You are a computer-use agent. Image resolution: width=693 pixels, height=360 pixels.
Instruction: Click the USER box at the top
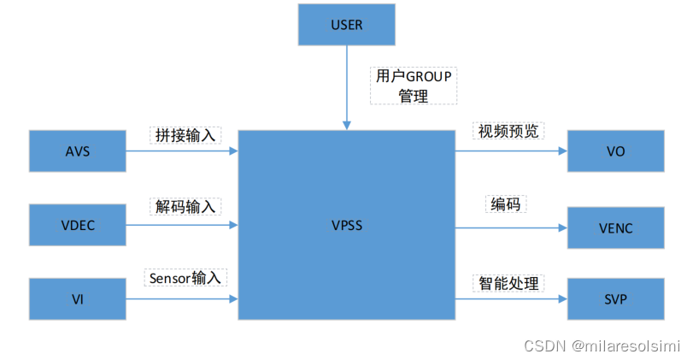(x=346, y=25)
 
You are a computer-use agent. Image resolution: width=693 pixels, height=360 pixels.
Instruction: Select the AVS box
(x=77, y=151)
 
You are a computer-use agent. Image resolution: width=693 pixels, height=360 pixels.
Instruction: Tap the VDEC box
(x=77, y=225)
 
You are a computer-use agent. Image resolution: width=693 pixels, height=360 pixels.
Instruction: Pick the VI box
(x=77, y=298)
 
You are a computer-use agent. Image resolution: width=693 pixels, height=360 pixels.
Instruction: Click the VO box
(x=615, y=151)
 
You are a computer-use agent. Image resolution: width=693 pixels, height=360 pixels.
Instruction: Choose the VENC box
(x=615, y=227)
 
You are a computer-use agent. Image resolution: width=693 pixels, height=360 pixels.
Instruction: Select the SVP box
(x=615, y=299)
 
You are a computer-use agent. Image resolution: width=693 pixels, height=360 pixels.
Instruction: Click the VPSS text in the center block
(x=346, y=226)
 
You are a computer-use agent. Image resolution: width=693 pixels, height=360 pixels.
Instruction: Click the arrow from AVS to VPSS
(x=181, y=151)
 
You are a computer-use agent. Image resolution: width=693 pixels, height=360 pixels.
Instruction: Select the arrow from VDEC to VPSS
(x=181, y=225)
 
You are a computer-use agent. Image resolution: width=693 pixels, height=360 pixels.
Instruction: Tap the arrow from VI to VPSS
(x=181, y=298)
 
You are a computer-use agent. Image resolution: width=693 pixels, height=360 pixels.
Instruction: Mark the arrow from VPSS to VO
(x=511, y=151)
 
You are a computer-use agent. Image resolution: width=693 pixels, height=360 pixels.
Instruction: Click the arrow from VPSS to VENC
(x=511, y=227)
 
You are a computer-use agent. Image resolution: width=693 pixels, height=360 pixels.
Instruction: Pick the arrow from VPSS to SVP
(x=511, y=299)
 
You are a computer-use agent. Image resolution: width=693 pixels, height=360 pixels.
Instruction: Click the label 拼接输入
(x=185, y=135)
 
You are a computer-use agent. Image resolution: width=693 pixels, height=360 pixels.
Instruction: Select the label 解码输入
(x=185, y=206)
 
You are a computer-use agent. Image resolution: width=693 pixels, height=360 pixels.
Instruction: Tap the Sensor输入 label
(x=186, y=277)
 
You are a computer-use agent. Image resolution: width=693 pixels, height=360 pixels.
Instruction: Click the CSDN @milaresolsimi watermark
(x=602, y=346)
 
